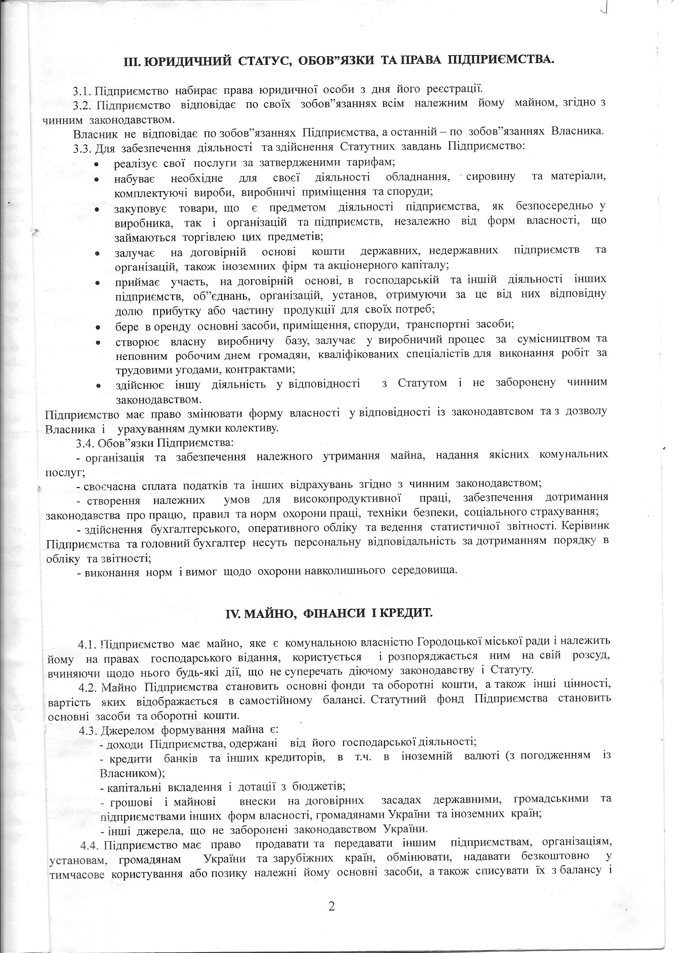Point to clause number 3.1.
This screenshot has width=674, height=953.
coord(82,89)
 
